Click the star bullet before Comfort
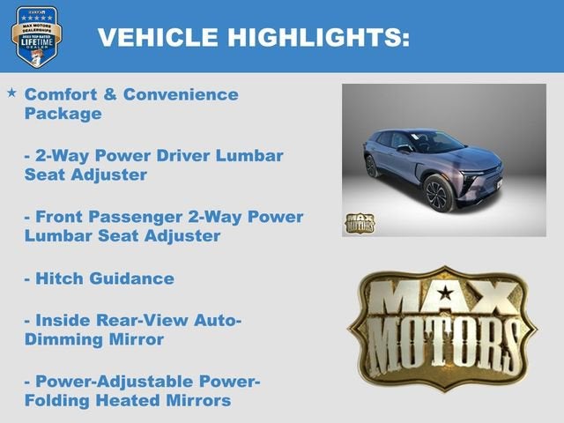[11, 93]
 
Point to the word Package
[63, 114]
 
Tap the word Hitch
[58, 278]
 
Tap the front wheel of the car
[437, 191]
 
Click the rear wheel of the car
[371, 166]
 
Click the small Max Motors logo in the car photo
[359, 223]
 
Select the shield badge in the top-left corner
[36, 35]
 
